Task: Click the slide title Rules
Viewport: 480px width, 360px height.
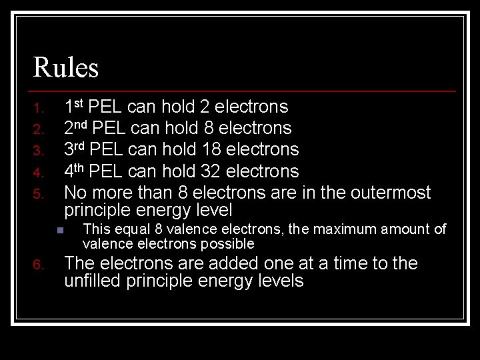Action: click(66, 67)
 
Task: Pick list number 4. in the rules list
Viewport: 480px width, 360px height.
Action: click(39, 173)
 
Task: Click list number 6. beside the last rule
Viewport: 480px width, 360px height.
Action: click(39, 266)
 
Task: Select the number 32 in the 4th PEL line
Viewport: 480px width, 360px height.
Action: click(211, 171)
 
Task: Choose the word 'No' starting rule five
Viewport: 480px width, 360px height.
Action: click(75, 193)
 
